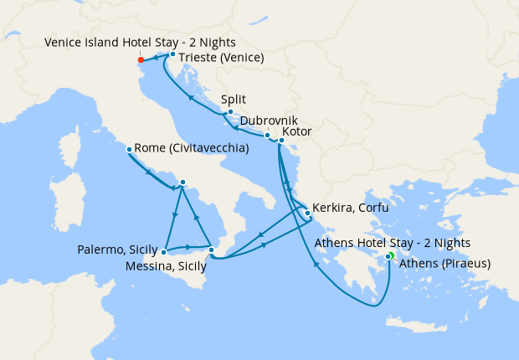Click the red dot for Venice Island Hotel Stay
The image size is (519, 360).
pos(140,59)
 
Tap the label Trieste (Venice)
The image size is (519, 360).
pos(222,58)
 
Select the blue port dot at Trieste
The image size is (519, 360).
pos(172,54)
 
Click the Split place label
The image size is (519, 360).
pos(234,98)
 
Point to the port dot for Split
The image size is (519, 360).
pos(229,111)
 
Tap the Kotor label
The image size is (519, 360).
pos(302,134)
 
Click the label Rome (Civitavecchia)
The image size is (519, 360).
pos(191,148)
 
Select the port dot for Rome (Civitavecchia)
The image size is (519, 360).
pos(128,150)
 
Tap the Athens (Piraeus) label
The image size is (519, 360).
pos(444,264)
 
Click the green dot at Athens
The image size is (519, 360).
pos(389,256)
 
